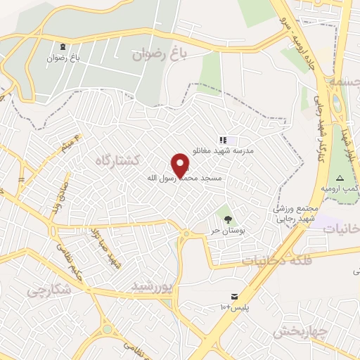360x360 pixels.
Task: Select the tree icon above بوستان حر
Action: (226, 212)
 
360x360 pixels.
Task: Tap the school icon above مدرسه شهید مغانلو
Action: (224, 141)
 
